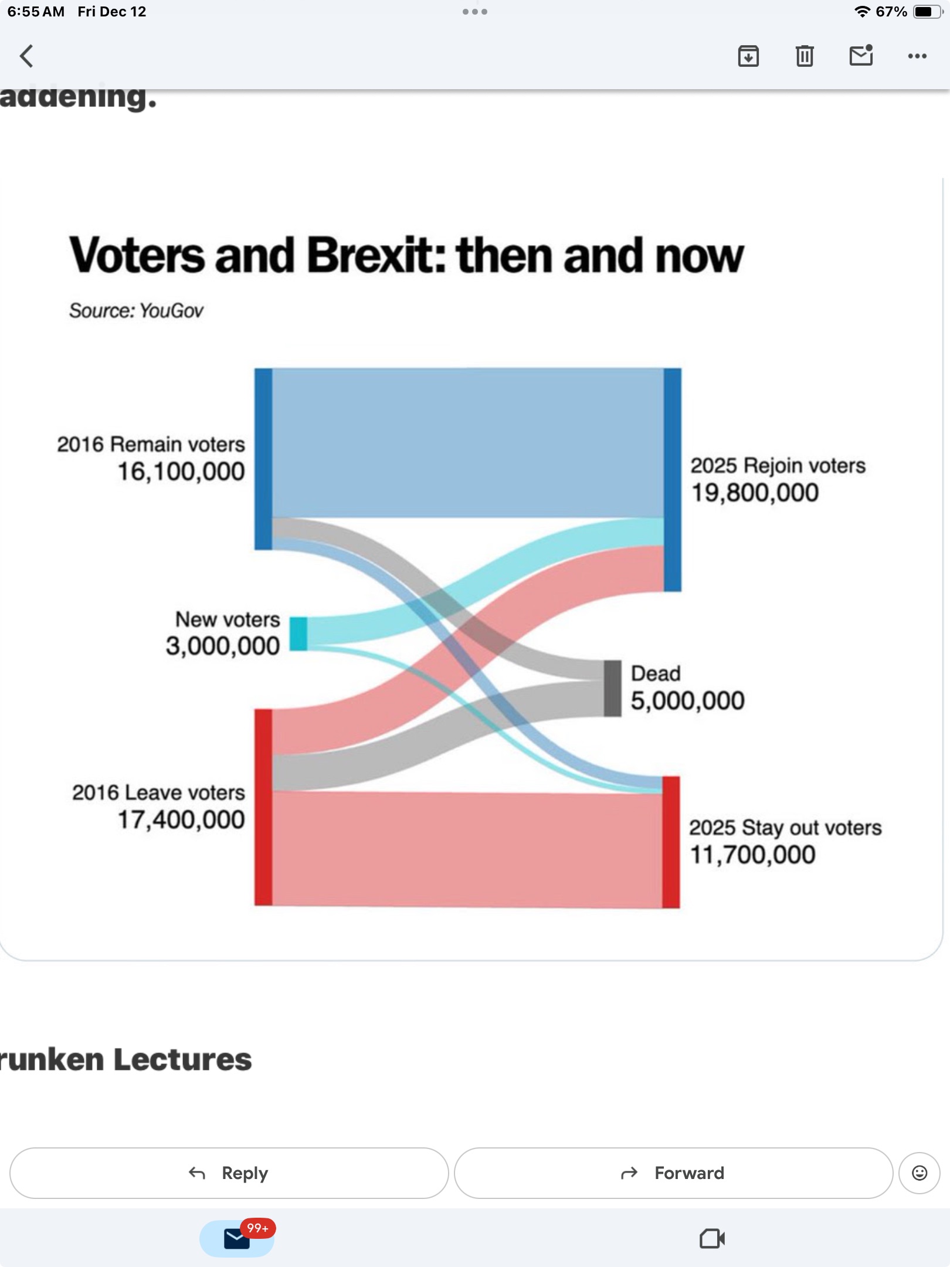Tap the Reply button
(229, 1173)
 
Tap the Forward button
(673, 1173)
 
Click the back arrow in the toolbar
(26, 56)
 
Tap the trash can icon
(805, 56)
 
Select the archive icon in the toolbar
(748, 56)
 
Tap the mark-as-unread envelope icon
(861, 56)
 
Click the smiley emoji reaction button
(920, 1173)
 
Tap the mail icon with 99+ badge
(238, 1238)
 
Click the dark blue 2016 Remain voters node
(263, 459)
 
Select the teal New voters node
(298, 633)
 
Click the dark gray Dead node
(613, 688)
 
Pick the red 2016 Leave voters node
(263, 807)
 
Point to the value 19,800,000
(755, 493)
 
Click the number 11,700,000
(752, 855)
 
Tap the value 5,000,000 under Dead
(687, 700)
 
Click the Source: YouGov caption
(136, 310)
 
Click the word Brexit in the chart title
(375, 256)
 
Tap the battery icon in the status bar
(927, 12)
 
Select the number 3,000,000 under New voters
(223, 646)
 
